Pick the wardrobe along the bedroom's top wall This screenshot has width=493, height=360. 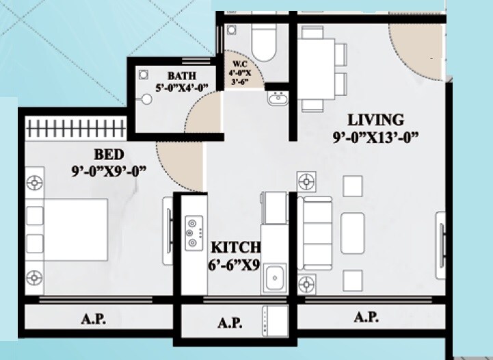(75, 128)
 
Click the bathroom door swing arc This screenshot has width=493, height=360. (204, 112)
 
